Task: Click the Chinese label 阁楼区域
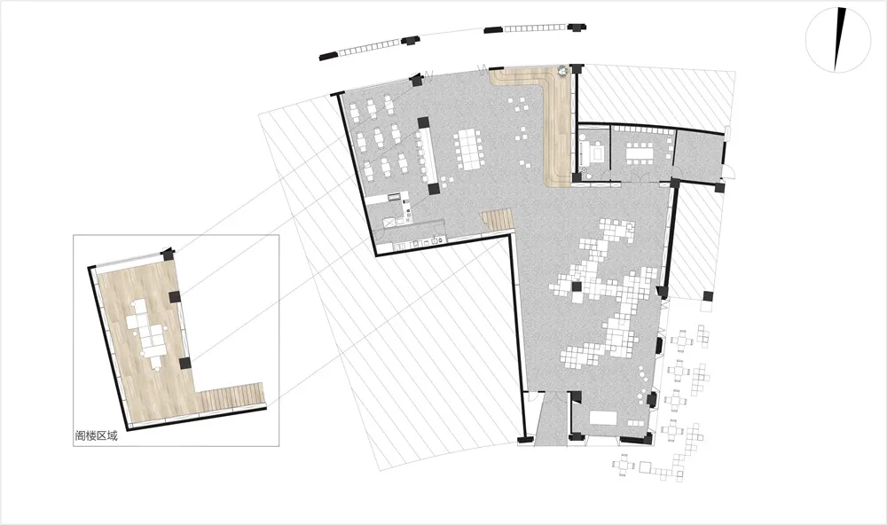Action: (x=96, y=435)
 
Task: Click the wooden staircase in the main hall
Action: (x=498, y=219)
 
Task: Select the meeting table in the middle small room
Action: (x=640, y=151)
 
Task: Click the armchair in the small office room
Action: (x=595, y=153)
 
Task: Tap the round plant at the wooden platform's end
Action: (x=561, y=71)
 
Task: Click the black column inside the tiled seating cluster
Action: (x=577, y=286)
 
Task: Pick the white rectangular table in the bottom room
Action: (x=603, y=418)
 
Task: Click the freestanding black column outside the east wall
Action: (x=708, y=295)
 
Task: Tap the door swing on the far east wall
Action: (x=730, y=171)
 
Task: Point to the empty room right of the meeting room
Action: (x=699, y=154)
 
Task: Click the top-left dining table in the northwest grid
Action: (x=355, y=108)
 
